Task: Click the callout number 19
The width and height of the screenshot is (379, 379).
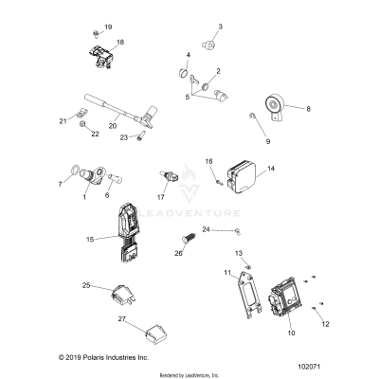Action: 107,27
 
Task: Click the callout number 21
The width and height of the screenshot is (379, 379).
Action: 63,121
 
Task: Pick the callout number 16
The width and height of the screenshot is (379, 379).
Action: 210,161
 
